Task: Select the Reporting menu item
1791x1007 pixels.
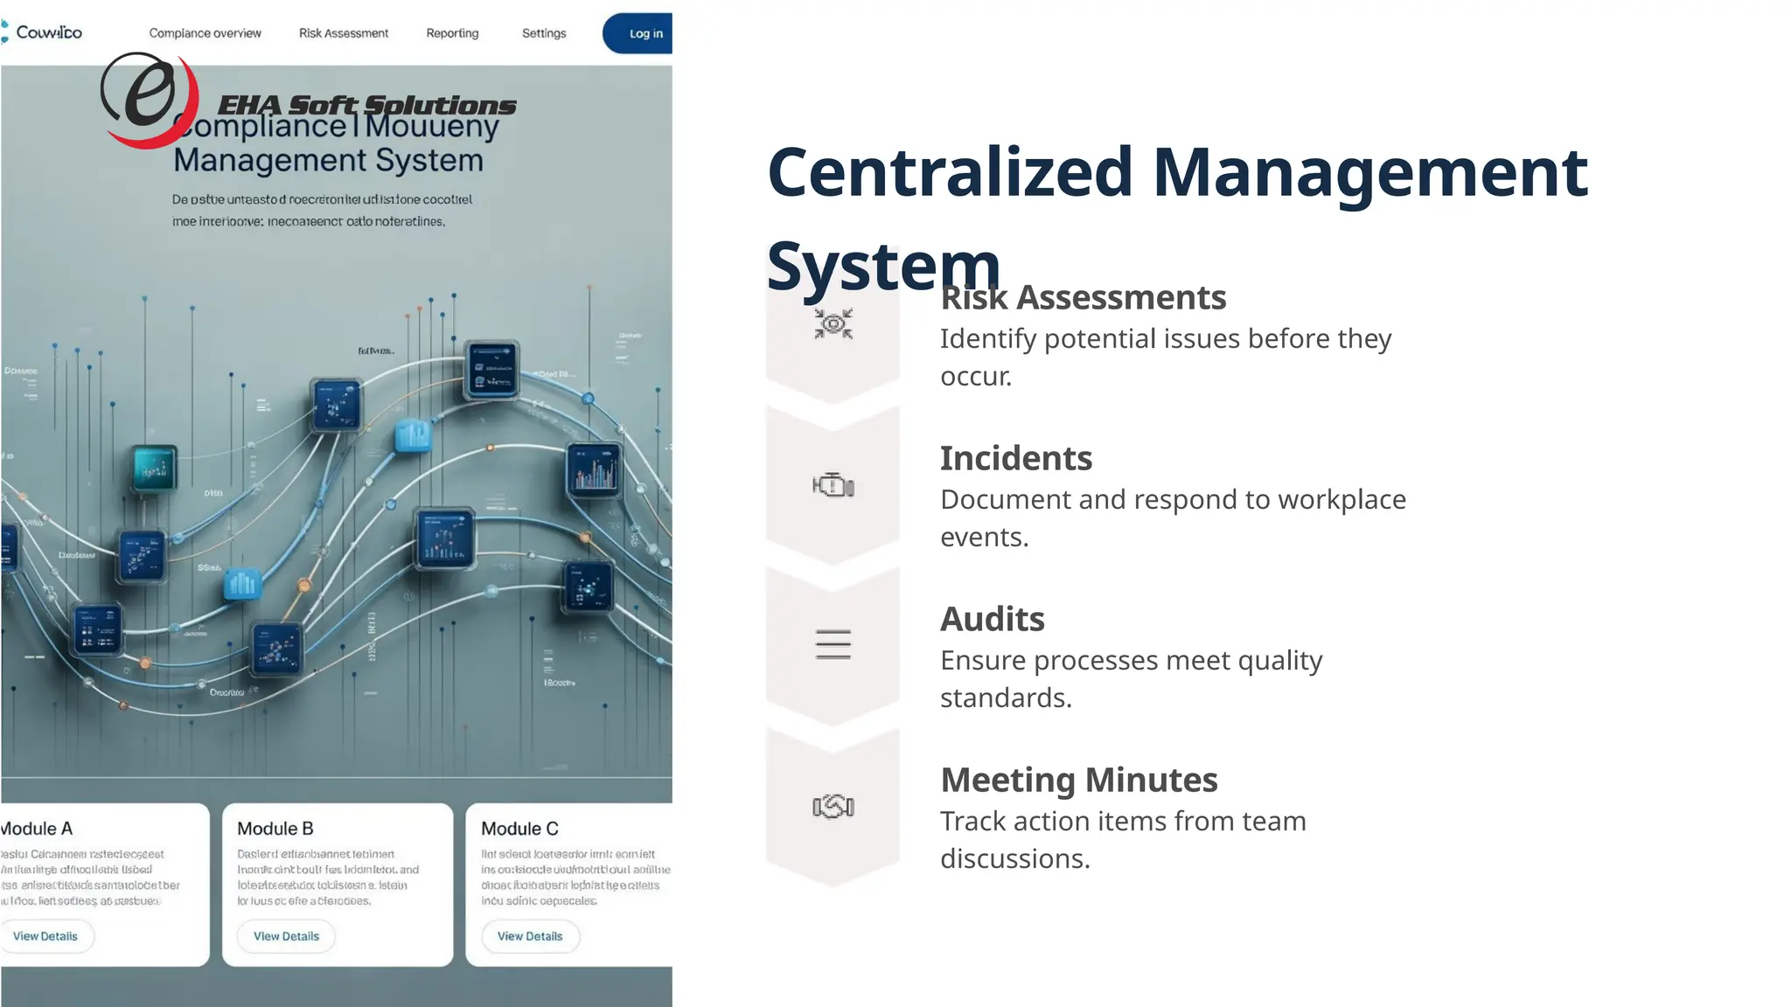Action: point(452,33)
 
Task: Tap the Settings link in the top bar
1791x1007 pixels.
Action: point(544,33)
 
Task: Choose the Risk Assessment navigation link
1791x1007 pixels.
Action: point(344,33)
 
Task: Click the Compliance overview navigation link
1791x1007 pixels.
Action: point(205,33)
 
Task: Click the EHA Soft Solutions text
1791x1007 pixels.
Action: point(366,105)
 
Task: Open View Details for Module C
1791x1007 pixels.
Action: point(530,936)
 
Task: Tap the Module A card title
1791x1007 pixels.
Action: point(37,829)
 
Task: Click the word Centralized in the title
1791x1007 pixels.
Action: point(950,171)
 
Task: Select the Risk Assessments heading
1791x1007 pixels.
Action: point(1083,298)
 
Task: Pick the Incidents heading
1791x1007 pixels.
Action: point(1015,458)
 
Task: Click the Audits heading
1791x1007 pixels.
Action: point(992,619)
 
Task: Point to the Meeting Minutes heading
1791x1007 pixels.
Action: point(1078,780)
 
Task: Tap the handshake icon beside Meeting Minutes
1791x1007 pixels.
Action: point(833,806)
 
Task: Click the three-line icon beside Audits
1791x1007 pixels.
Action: point(833,644)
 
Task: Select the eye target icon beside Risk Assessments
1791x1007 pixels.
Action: point(833,324)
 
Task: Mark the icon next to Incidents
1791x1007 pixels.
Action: point(833,485)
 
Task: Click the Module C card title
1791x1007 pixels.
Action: point(519,829)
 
